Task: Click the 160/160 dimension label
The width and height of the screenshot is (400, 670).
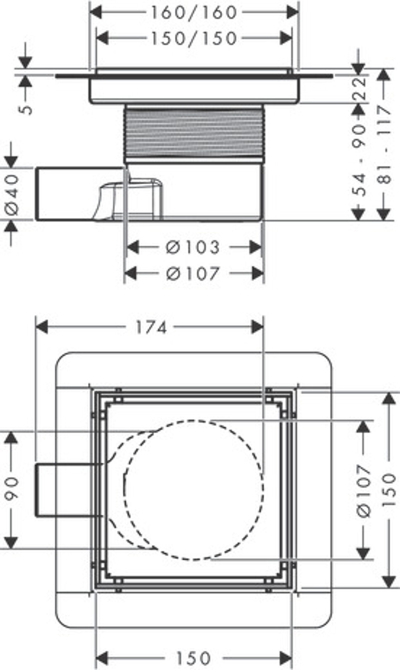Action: (x=194, y=13)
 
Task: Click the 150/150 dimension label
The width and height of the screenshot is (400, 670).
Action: (x=194, y=39)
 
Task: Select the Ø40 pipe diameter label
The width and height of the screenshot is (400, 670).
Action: (x=12, y=195)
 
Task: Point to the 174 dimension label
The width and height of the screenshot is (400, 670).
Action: (x=151, y=328)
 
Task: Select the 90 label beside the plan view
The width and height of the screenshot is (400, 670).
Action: (x=13, y=489)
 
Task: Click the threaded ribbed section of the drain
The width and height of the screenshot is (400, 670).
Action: (x=194, y=133)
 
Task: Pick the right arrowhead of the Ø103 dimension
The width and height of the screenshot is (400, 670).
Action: (x=256, y=248)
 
